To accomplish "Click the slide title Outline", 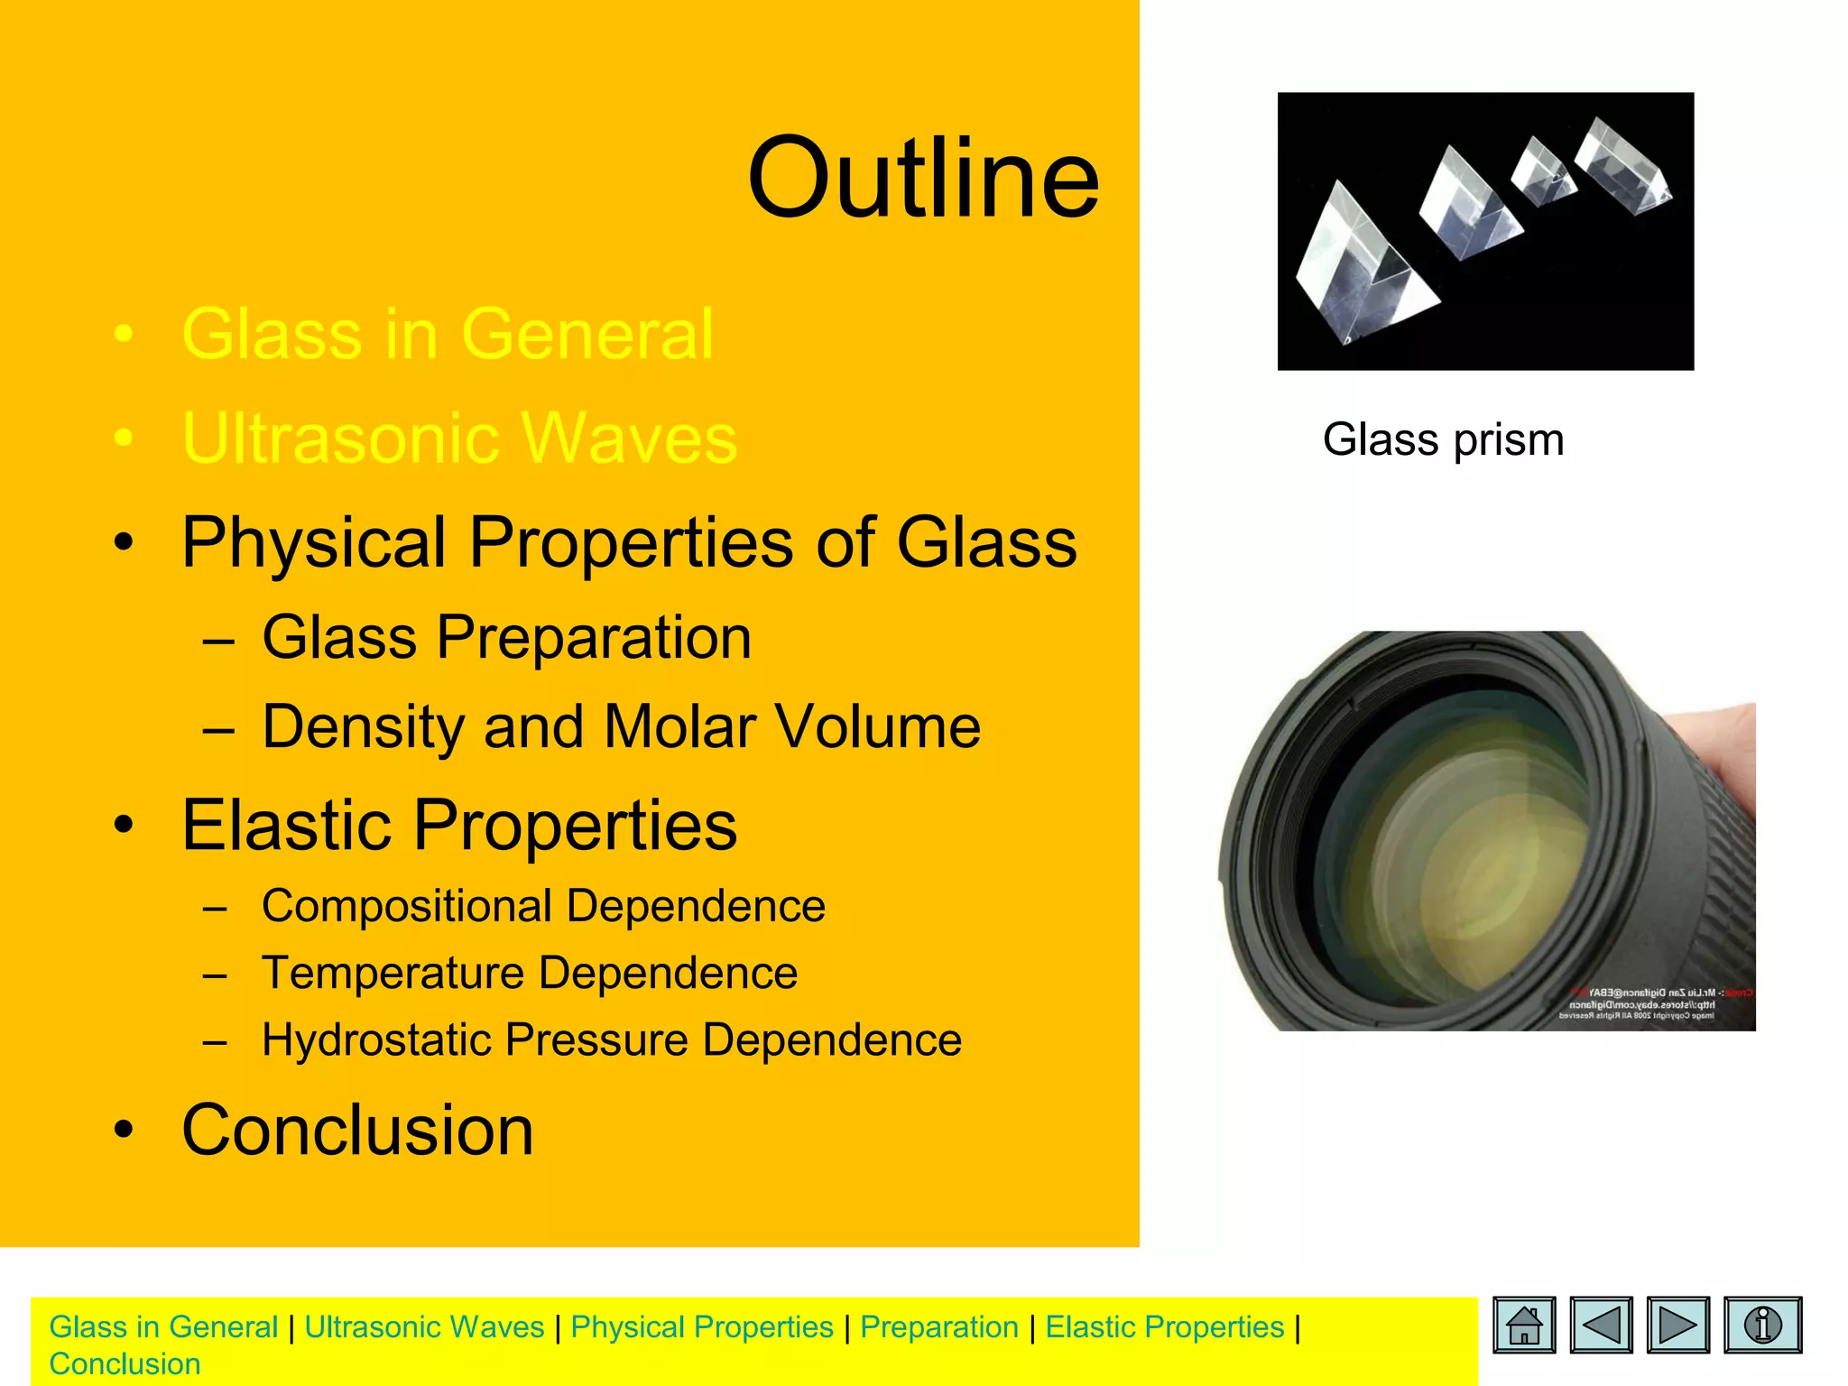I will pyautogui.click(x=922, y=179).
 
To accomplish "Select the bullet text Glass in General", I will pyautogui.click(x=448, y=335).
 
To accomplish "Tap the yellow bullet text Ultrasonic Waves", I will pyautogui.click(x=459, y=439).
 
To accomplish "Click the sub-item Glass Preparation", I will pyautogui.click(x=506, y=638).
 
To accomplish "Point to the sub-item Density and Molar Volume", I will pyautogui.click(x=621, y=727).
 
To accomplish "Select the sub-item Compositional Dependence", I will pyautogui.click(x=543, y=906).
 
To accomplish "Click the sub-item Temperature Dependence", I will pyautogui.click(x=530, y=974).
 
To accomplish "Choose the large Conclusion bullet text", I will pyautogui.click(x=357, y=1130).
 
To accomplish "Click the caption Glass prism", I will pyautogui.click(x=1443, y=440).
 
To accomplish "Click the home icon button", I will pyautogui.click(x=1524, y=1325).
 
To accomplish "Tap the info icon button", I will pyautogui.click(x=1762, y=1325).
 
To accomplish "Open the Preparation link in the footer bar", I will pyautogui.click(x=938, y=1327).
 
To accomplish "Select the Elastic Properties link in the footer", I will pyautogui.click(x=1164, y=1327).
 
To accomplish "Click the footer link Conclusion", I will pyautogui.click(x=125, y=1364).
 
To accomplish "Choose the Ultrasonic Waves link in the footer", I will pyautogui.click(x=424, y=1327).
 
